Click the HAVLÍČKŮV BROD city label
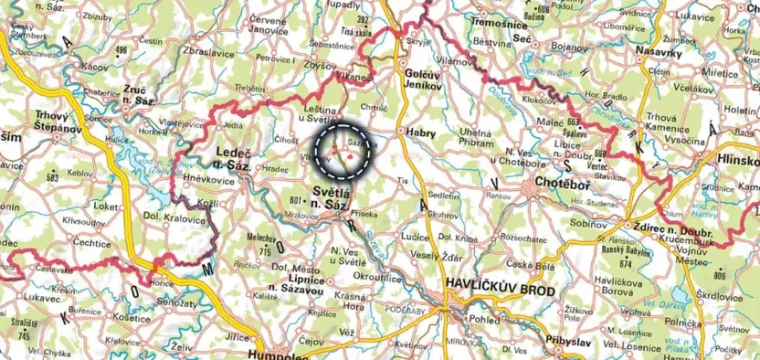tap(500, 285)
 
